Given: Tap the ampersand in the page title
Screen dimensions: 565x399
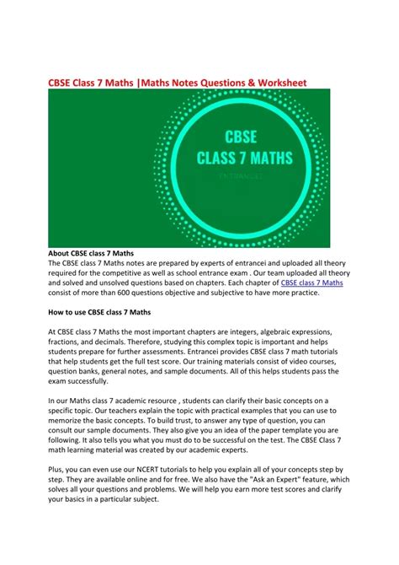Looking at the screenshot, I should [241, 82].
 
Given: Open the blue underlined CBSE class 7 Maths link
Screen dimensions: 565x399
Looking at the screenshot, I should [311, 283].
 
